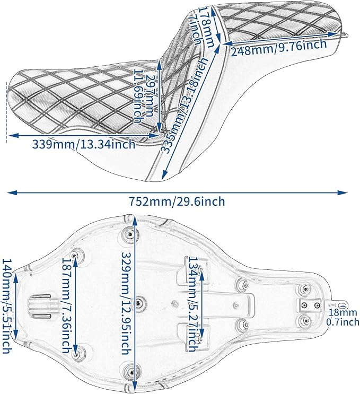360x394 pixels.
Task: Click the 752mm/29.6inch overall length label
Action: click(177, 202)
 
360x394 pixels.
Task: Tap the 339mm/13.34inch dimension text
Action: click(84, 144)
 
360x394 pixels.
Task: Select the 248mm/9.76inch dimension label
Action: click(279, 48)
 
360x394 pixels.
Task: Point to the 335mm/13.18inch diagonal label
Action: click(184, 106)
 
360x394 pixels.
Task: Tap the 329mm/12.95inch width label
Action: click(126, 303)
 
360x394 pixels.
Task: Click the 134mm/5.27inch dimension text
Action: click(193, 304)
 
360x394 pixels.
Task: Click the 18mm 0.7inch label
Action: click(343, 317)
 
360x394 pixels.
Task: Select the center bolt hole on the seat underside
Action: click(138, 303)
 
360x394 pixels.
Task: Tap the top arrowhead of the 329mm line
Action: click(135, 221)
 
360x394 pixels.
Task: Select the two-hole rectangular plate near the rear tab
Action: click(311, 305)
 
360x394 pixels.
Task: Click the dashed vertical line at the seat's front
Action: click(6, 112)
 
